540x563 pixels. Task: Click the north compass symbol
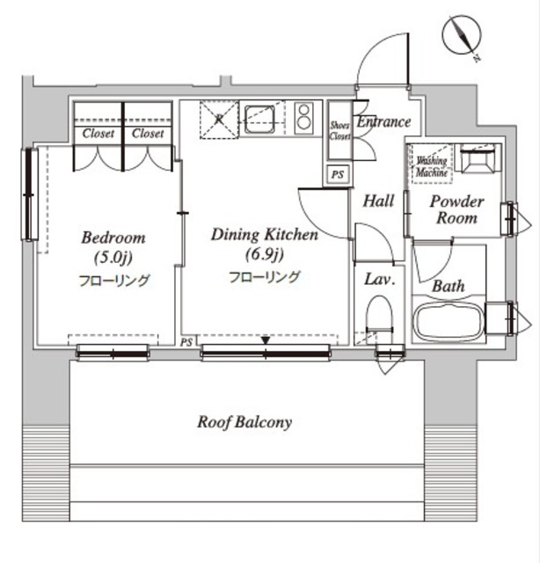click(462, 37)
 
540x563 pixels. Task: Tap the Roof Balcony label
click(244, 422)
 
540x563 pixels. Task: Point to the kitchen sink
click(259, 120)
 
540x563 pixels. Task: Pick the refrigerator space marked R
click(219, 120)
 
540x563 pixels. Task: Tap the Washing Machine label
click(432, 166)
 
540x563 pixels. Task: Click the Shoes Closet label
click(339, 131)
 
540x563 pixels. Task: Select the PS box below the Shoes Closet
click(338, 174)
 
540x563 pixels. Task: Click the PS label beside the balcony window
click(186, 342)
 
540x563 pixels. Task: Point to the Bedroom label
click(113, 238)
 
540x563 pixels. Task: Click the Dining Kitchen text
click(265, 235)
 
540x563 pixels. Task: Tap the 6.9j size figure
click(265, 254)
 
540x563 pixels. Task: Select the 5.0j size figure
click(113, 258)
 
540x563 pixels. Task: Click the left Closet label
click(98, 134)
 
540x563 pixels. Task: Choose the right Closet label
click(148, 134)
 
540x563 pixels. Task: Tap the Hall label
click(378, 201)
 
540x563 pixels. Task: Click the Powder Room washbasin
click(478, 158)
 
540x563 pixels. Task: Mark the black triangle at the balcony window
click(266, 340)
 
